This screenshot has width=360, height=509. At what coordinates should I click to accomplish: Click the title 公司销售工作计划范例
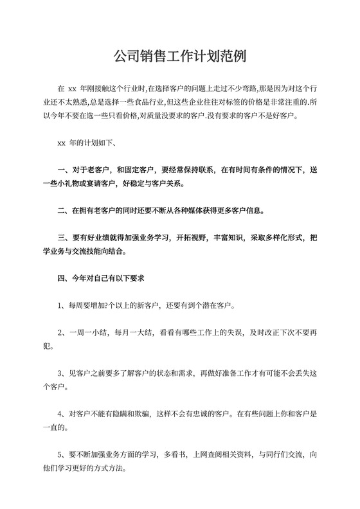(179, 58)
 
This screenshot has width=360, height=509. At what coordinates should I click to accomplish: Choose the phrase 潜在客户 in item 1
(219, 305)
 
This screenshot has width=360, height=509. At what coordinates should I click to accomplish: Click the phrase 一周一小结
(89, 332)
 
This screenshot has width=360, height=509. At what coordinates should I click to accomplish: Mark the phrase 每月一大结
(134, 332)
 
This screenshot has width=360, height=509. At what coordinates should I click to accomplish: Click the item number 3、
(62, 373)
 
